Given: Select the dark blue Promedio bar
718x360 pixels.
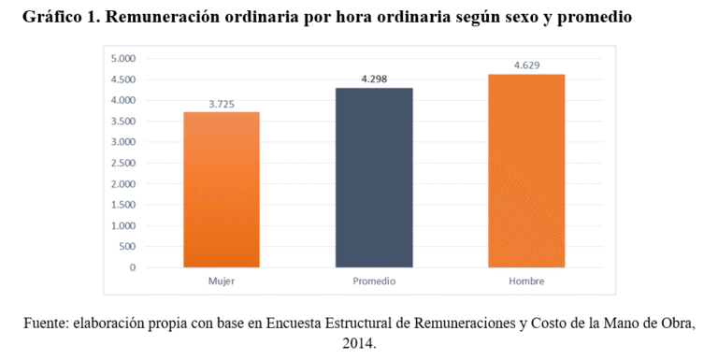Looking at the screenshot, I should [374, 178].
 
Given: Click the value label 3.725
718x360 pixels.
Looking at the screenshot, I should [222, 103].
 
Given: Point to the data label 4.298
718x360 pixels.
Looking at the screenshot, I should [374, 79].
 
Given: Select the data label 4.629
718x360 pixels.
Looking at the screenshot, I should [526, 65].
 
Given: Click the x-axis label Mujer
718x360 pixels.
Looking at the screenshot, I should [222, 281].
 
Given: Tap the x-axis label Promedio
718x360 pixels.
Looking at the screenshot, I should [374, 281].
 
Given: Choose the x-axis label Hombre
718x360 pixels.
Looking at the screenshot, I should [526, 281].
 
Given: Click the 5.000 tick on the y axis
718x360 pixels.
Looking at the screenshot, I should [122, 58].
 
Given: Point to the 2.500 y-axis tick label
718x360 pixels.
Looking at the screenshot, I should [122, 163].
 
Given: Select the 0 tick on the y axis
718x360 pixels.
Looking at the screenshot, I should [132, 267].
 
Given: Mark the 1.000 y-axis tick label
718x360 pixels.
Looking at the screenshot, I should [122, 225].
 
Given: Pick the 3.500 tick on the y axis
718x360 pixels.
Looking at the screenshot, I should [122, 121].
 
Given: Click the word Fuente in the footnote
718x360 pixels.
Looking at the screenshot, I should [46, 324].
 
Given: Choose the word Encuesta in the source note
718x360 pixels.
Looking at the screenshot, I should [303, 324].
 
